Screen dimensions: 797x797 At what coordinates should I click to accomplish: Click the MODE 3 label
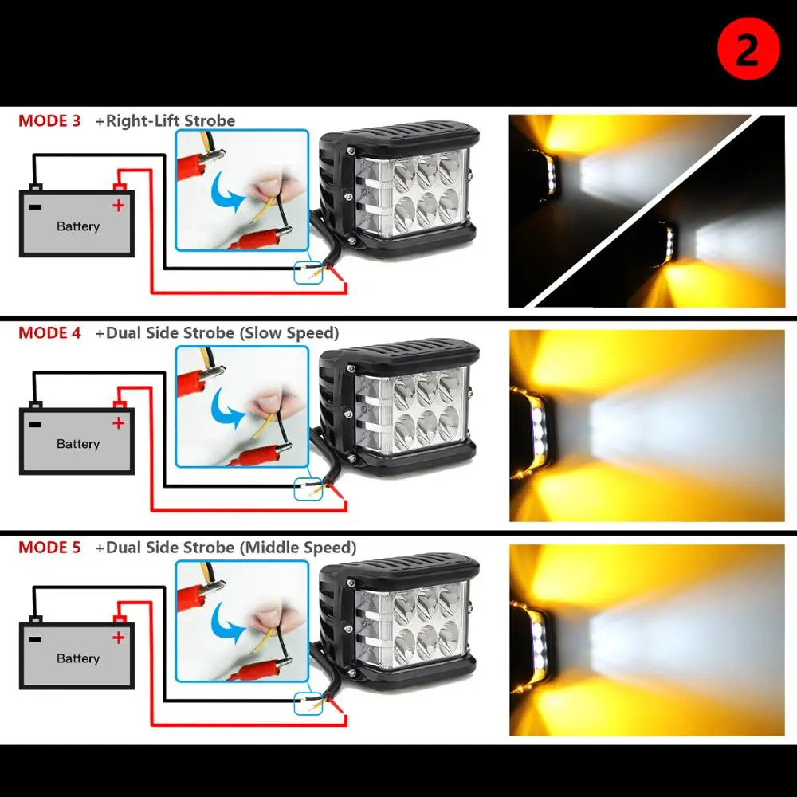pos(49,121)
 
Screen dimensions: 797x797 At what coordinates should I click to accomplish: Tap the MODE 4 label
pos(49,333)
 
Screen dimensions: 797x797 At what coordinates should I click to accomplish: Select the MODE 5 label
pos(49,548)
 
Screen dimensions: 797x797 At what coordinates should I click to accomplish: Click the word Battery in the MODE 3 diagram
pos(78,226)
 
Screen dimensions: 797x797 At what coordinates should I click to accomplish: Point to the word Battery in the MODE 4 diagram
pos(78,444)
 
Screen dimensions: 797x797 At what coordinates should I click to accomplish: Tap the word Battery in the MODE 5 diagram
pos(78,658)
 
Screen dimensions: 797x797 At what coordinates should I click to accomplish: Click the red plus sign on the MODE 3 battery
pos(118,206)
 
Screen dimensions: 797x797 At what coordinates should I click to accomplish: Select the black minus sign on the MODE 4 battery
pos(35,423)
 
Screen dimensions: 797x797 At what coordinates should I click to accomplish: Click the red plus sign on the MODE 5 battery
pos(118,637)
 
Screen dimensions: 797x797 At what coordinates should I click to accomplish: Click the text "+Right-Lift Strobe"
pos(165,121)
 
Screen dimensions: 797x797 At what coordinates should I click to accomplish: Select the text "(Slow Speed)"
pos(289,333)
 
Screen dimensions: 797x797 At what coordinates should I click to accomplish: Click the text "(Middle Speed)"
pos(298,548)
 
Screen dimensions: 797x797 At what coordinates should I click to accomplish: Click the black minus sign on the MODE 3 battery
pos(35,206)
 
